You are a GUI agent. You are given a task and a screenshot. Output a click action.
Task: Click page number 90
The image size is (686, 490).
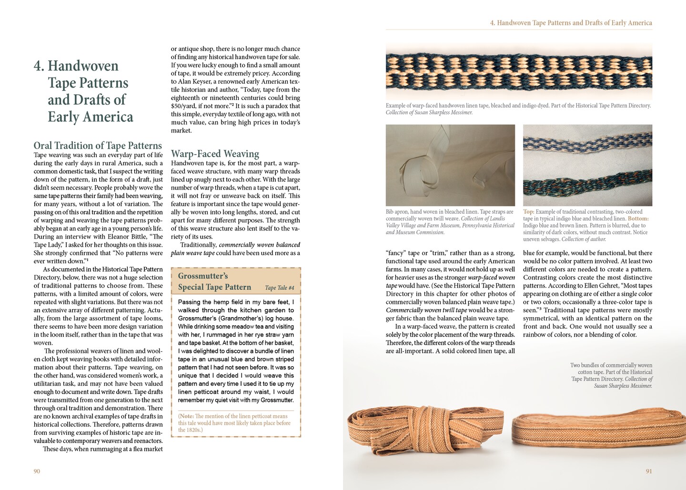coord(37,471)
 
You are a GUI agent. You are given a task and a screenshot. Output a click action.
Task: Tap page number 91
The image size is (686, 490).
coord(649,471)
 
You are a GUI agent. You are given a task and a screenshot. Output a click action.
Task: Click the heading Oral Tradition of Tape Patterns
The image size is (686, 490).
coord(98,146)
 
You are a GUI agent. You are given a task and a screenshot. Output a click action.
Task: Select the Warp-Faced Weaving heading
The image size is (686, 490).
coord(215,154)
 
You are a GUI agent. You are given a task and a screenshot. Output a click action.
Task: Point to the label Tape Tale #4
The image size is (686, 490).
coord(280,288)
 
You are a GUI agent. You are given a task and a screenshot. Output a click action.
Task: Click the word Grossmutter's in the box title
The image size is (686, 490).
coord(203,276)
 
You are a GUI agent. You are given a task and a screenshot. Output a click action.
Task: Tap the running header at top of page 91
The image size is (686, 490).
coord(571,23)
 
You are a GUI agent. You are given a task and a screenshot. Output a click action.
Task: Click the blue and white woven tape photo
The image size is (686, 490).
coord(519,71)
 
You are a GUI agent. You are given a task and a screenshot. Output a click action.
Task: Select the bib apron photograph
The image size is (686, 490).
coord(450,165)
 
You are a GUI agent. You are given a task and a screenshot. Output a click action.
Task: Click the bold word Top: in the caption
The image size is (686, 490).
coord(528,212)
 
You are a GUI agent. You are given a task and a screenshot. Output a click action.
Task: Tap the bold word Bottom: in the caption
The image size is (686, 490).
coord(638,219)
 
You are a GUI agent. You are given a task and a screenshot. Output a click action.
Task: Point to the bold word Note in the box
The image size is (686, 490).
coord(186,416)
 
